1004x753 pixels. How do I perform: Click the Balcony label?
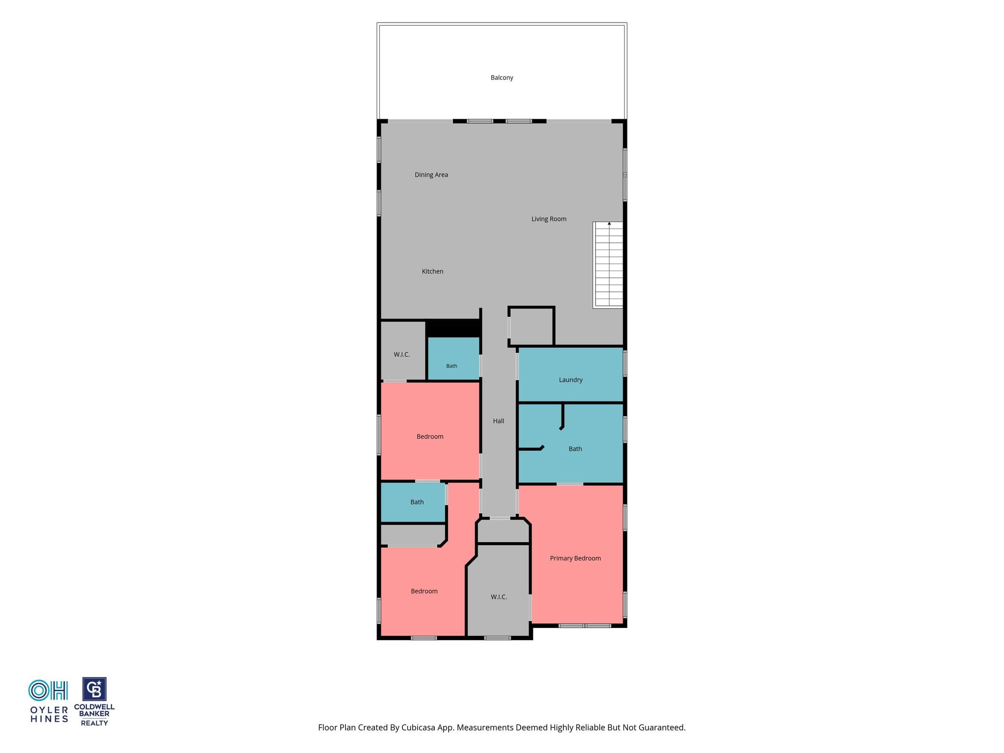[502, 77]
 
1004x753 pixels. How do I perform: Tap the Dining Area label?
[431, 175]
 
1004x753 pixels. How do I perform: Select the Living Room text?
[549, 219]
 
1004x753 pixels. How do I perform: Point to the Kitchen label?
[432, 271]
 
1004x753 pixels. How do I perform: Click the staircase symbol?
[608, 265]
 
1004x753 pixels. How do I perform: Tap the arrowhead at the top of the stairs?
[609, 224]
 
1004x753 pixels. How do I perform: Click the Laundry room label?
[571, 380]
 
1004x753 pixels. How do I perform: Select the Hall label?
[499, 421]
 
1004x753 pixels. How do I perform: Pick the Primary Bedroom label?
[575, 558]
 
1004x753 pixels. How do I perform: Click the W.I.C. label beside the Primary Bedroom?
[499, 597]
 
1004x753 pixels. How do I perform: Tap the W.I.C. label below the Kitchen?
[402, 354]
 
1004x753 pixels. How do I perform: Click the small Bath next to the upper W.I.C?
[452, 366]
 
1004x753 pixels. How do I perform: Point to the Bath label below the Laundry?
[575, 449]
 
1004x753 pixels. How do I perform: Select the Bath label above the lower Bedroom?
[417, 502]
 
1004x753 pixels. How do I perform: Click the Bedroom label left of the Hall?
[430, 436]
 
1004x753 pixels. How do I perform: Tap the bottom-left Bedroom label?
[424, 591]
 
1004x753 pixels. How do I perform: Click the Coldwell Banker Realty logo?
[94, 702]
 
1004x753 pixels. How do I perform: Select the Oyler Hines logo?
[49, 701]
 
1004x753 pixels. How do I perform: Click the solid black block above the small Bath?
[453, 328]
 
